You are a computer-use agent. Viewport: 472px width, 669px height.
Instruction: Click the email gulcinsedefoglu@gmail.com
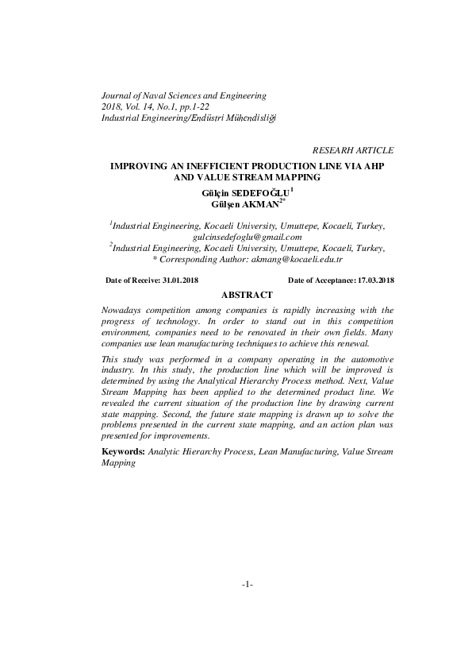click(x=248, y=237)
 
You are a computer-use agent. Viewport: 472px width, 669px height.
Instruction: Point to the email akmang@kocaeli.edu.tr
click(x=296, y=259)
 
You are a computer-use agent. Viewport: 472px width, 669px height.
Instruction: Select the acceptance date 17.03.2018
click(x=376, y=280)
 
